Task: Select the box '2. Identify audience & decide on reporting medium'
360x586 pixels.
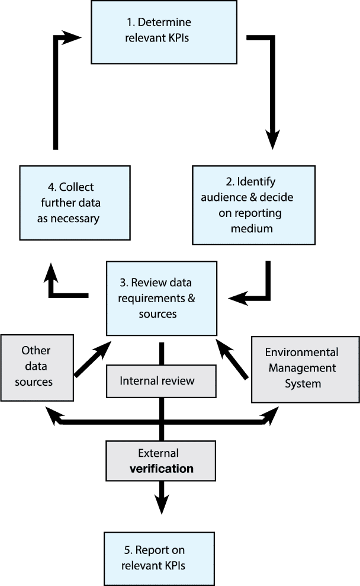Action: pyautogui.click(x=253, y=204)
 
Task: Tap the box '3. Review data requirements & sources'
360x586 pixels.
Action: pyautogui.click(x=162, y=298)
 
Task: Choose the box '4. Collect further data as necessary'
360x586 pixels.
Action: pyautogui.click(x=75, y=203)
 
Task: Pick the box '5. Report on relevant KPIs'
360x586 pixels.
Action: pyautogui.click(x=159, y=558)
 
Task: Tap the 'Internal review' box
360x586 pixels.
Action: pyautogui.click(x=156, y=380)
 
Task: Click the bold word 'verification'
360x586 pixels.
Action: pyautogui.click(x=161, y=469)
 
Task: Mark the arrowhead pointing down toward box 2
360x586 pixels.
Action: pyautogui.click(x=272, y=139)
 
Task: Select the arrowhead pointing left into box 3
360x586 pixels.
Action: pyautogui.click(x=239, y=297)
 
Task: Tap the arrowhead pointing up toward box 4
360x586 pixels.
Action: pyautogui.click(x=52, y=273)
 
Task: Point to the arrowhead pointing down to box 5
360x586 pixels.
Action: pyautogui.click(x=160, y=504)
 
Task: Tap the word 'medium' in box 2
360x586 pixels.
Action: pyautogui.click(x=253, y=228)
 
